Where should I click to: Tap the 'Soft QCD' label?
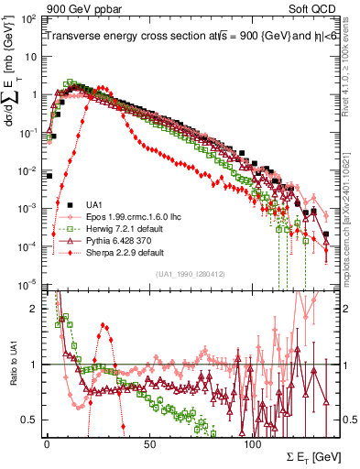316,8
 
